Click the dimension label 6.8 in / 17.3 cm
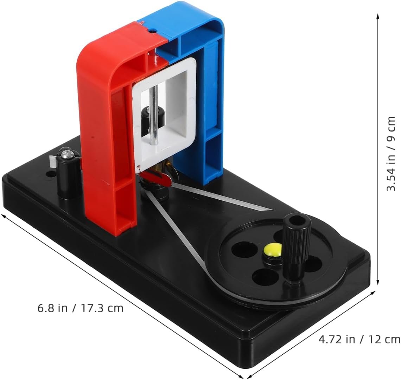(80, 308)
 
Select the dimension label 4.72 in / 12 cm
(359, 339)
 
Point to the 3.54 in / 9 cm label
(391, 154)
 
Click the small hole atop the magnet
(152, 31)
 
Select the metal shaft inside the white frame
(154, 115)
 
